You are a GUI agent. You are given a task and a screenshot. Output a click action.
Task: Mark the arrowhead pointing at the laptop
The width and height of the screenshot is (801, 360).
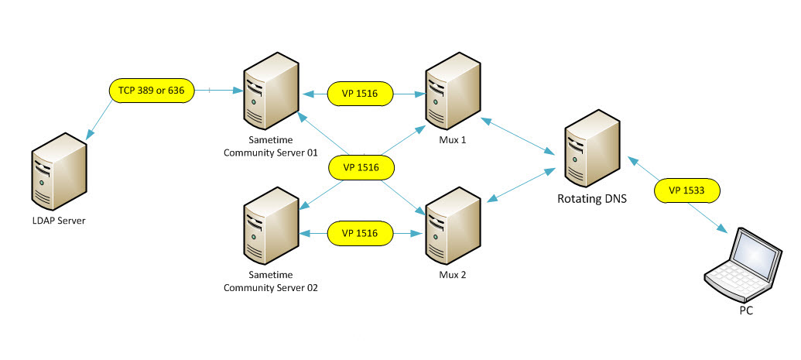tap(724, 230)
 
